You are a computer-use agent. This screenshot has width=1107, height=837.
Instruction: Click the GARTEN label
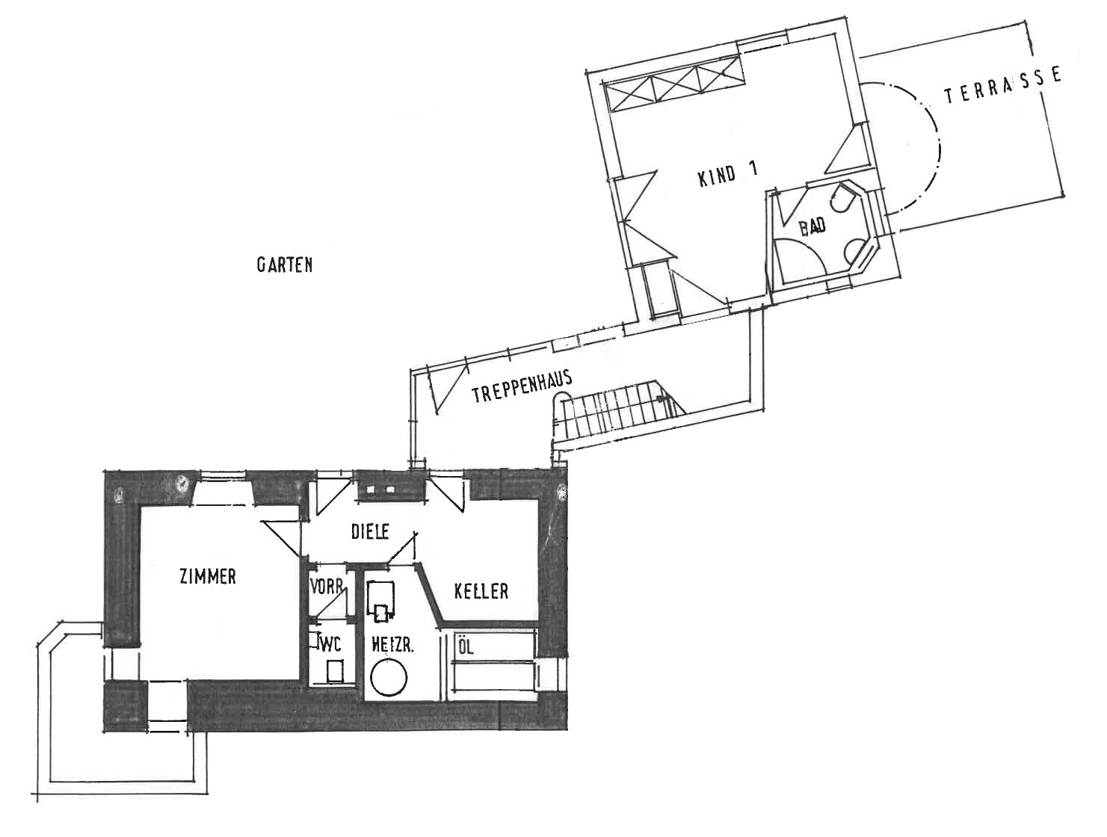285,265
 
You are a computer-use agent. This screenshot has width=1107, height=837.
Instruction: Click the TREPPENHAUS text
522,386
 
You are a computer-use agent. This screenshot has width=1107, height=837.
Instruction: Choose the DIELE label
370,531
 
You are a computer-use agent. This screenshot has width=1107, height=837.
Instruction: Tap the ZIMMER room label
208,576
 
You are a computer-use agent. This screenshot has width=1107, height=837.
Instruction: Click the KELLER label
481,590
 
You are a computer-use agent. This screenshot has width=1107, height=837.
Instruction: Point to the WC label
330,644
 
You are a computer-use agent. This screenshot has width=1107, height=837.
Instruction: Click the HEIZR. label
392,646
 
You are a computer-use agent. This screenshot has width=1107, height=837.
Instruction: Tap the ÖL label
466,647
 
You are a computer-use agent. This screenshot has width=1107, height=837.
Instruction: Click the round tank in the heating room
389,679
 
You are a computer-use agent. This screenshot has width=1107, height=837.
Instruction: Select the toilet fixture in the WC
334,671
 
